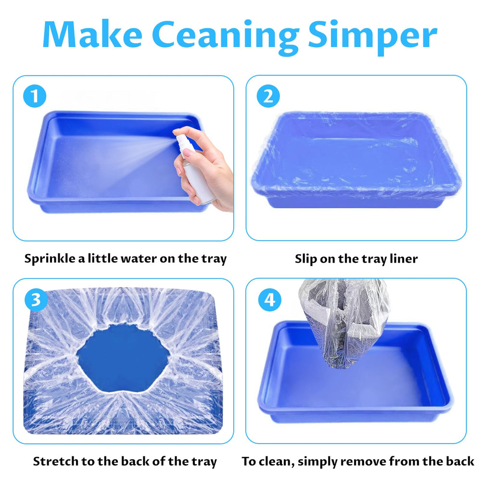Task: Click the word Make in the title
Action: [92, 34]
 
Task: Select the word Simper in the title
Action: [372, 38]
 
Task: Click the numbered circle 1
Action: [35, 96]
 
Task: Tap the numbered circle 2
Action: [268, 96]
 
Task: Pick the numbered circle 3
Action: [36, 299]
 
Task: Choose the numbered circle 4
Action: [270, 299]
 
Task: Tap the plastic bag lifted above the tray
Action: [343, 324]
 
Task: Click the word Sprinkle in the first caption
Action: [50, 259]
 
